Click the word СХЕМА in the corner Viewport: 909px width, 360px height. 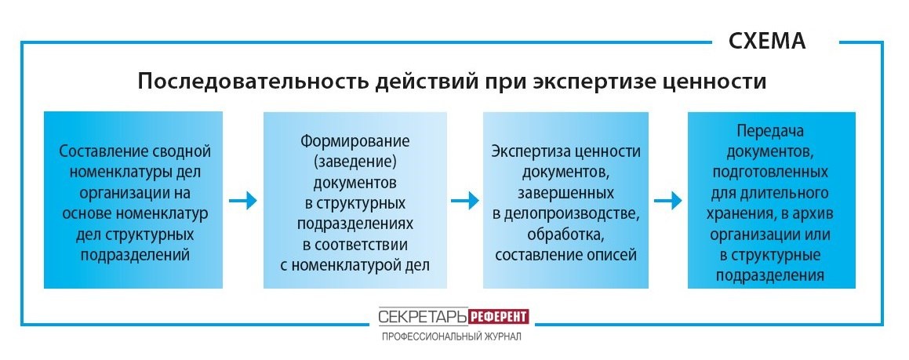[767, 41]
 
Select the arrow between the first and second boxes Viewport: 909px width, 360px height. [242, 201]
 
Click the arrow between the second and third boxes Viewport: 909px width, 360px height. [464, 201]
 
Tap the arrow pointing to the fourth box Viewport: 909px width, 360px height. [668, 201]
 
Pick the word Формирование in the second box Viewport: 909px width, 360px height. [355, 142]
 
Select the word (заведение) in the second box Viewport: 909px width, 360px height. [355, 162]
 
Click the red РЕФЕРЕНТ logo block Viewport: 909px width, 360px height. [499, 317]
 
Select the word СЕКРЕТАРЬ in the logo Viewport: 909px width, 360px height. [423, 317]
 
